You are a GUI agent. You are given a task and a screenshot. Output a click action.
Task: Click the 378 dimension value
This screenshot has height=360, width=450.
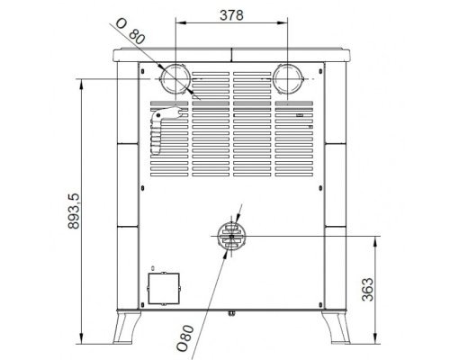click(231, 15)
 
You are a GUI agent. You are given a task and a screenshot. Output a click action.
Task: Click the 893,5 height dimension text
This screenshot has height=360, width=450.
click(74, 211)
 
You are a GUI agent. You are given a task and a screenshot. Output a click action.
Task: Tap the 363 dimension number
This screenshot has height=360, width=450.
click(368, 289)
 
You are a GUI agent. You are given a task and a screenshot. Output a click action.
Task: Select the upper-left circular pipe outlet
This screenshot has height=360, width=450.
click(175, 78)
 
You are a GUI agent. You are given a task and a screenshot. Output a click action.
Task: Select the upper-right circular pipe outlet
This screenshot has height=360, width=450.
click(288, 78)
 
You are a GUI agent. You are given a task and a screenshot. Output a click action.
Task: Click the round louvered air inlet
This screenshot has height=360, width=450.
click(231, 236)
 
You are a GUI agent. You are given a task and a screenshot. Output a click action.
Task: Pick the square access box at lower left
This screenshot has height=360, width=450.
click(164, 288)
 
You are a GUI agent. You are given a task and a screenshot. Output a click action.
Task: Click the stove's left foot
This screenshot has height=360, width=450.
click(126, 328)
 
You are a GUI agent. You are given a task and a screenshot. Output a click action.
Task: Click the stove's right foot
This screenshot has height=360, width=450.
click(337, 328)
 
